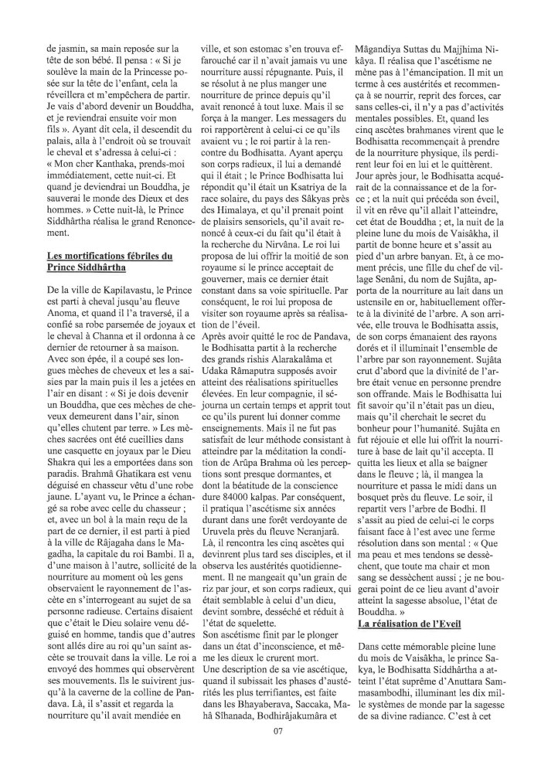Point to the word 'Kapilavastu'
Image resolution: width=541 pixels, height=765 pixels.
pyautogui.click(x=119, y=289)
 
